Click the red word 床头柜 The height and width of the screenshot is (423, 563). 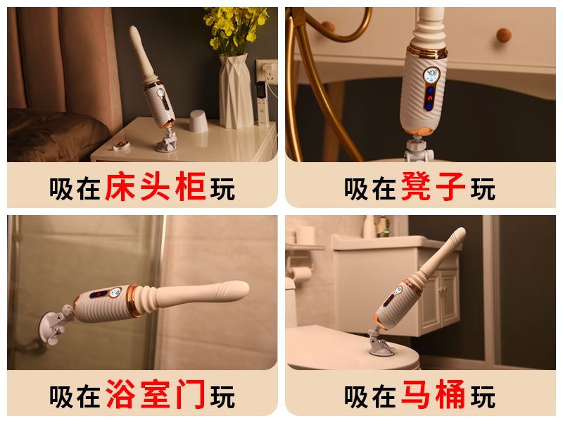[x=156, y=186]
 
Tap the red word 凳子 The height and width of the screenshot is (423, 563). [x=433, y=186]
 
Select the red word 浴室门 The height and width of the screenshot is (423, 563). [x=156, y=394]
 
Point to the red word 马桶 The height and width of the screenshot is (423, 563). [x=433, y=394]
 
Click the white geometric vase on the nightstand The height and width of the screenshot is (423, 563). [x=236, y=91]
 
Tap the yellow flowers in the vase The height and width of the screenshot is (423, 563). [x=235, y=28]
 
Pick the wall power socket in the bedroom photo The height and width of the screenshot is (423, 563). [x=267, y=72]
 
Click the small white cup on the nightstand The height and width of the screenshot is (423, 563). [x=198, y=121]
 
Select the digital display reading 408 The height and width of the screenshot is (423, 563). [x=431, y=75]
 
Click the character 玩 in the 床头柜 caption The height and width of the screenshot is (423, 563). [x=222, y=188]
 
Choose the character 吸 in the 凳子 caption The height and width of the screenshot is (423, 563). [x=356, y=188]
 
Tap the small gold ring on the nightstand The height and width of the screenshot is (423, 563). [x=122, y=145]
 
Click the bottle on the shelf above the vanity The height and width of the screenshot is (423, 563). [x=369, y=226]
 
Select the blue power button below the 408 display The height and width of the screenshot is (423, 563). [x=429, y=107]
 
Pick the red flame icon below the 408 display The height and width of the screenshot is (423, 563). [x=430, y=98]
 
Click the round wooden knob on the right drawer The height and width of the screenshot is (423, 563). [x=504, y=35]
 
